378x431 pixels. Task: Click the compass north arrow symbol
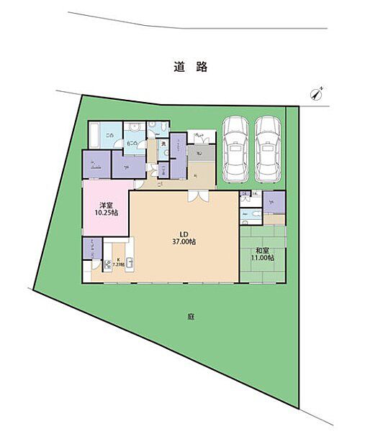pos(317,93)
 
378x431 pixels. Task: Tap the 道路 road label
pos(190,67)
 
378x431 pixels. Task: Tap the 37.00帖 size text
pos(184,242)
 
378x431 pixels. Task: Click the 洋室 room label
pos(104,203)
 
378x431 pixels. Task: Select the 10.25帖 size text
pos(104,213)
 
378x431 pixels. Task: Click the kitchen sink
pos(130,261)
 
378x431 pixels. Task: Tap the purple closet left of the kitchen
pos(87,249)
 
